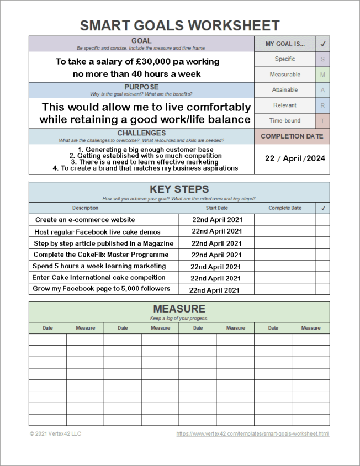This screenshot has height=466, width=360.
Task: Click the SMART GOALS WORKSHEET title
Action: pos(179,25)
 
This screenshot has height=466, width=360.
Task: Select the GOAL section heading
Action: pos(141,41)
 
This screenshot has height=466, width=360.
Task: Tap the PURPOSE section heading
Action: pos(141,87)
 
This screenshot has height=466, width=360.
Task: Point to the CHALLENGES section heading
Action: pos(141,133)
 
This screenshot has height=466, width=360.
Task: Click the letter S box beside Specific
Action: pos(322,59)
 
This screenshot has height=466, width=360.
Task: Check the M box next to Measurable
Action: pos(322,75)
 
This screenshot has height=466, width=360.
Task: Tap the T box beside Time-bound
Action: pos(322,120)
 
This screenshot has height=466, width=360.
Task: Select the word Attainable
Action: pos(285,90)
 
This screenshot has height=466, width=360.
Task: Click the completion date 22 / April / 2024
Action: pos(295,158)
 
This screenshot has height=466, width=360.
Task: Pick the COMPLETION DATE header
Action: pos(292,136)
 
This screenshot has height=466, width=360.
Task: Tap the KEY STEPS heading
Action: pos(179,189)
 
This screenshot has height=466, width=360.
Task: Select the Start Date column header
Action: pos(216,208)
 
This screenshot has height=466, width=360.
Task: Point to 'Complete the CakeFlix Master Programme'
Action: pos(101,255)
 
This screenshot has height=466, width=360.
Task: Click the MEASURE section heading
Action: pos(179,309)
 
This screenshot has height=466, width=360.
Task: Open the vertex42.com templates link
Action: pos(252,434)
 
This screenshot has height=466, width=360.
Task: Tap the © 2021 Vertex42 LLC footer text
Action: pos(55,434)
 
